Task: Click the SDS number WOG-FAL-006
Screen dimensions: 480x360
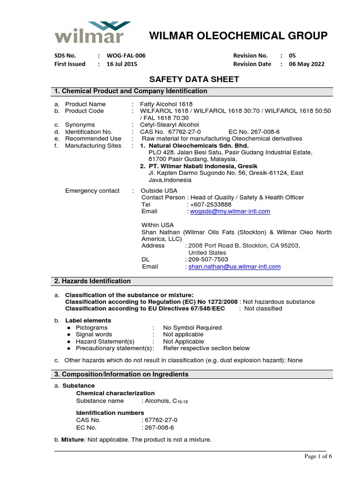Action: click(x=127, y=55)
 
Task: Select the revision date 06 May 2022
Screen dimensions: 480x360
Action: click(x=307, y=64)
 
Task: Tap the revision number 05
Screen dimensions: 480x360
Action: click(x=292, y=55)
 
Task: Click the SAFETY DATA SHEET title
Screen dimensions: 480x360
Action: click(x=194, y=79)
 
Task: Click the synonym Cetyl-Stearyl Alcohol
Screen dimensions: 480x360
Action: click(x=170, y=125)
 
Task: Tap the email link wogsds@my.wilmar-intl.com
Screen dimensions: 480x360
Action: click(x=229, y=211)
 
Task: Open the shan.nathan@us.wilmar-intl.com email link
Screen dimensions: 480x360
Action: click(x=234, y=266)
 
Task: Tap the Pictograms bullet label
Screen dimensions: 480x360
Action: click(x=91, y=328)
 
